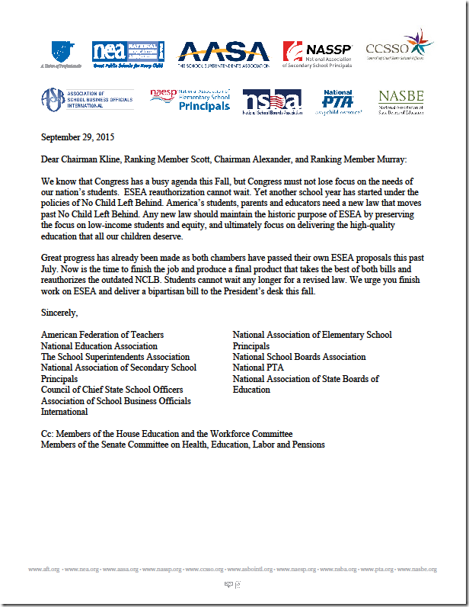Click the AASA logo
(223, 53)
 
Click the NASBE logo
(402, 101)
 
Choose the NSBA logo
(272, 101)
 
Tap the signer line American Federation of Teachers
(102, 335)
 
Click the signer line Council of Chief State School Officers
(111, 390)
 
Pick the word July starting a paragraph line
(50, 269)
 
